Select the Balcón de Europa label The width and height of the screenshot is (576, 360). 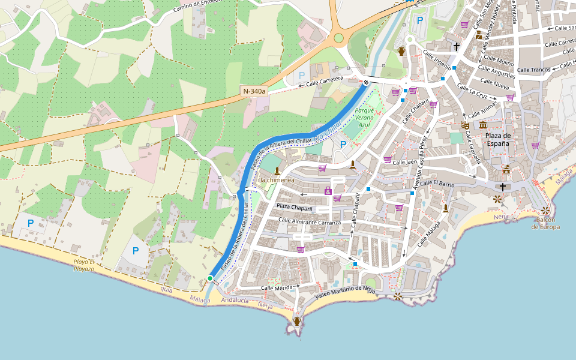[x=545, y=223]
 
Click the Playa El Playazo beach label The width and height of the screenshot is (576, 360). [x=84, y=266]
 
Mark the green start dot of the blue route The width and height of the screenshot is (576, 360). [x=210, y=278]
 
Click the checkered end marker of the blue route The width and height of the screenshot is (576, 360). [x=365, y=82]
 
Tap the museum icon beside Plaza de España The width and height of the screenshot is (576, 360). [x=483, y=125]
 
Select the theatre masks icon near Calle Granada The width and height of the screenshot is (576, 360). [x=464, y=125]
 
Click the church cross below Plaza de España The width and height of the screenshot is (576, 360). [x=502, y=187]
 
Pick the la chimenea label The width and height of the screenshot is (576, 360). [x=277, y=179]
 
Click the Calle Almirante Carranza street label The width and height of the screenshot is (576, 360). [x=310, y=221]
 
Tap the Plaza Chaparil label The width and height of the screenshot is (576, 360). [x=295, y=208]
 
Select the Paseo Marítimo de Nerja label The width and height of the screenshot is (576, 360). [x=345, y=293]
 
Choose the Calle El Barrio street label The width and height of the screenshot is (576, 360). [x=437, y=184]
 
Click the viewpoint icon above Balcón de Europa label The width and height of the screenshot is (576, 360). [x=545, y=211]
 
